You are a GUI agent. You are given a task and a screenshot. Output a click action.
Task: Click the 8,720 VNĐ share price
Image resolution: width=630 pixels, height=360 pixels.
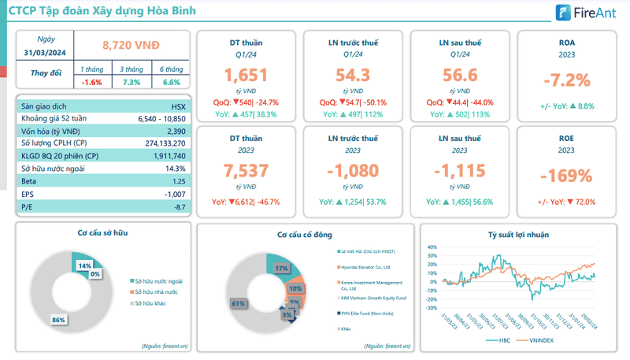tap(131, 46)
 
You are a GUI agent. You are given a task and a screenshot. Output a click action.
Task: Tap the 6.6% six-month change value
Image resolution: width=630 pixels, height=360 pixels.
tap(171, 82)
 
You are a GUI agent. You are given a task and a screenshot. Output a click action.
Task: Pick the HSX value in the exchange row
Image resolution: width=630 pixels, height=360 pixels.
tap(178, 106)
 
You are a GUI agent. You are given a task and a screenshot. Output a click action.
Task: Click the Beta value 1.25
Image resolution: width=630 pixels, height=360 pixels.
tap(177, 181)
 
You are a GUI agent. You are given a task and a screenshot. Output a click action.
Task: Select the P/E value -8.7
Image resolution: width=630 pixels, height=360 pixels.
tap(177, 206)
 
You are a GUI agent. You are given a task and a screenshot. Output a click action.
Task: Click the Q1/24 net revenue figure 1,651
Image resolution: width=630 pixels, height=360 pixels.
tap(246, 76)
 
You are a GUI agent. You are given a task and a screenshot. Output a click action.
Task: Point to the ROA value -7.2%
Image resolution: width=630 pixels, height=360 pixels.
tap(567, 80)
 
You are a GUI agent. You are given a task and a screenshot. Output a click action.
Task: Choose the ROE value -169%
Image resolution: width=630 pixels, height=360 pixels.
tap(567, 175)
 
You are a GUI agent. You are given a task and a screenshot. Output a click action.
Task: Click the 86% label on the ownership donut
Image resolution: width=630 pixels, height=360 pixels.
tap(57, 320)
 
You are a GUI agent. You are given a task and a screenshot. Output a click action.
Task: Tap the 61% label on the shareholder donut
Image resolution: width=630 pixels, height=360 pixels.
tap(235, 302)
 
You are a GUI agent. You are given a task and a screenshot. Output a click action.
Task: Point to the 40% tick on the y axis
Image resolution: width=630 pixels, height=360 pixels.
tap(432, 247)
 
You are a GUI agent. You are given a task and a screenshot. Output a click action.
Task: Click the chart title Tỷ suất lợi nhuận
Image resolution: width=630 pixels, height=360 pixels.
tap(517, 234)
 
